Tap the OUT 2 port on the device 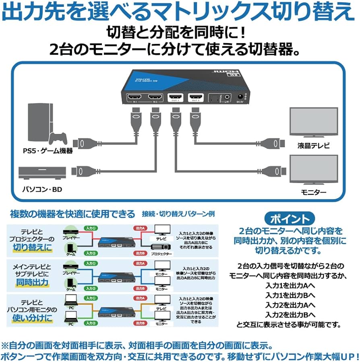point(195,98)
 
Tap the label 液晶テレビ point(314,146)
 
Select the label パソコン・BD point(42,189)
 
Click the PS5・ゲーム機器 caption point(47,151)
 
